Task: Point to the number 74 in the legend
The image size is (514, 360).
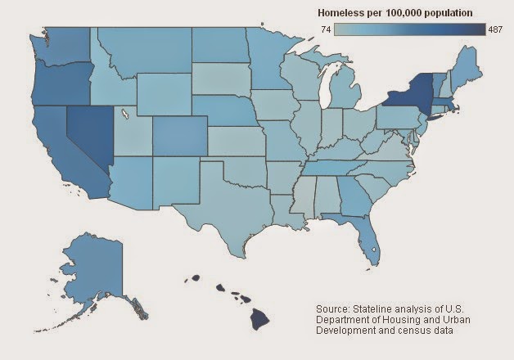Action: [327, 28]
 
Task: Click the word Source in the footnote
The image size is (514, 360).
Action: [334, 308]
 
